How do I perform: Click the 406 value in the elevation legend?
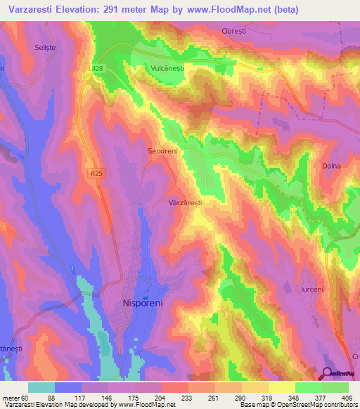pyautogui.click(x=347, y=398)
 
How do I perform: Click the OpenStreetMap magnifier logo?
pyautogui.click(x=328, y=373)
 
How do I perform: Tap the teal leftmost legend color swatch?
pyautogui.click(x=41, y=387)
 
